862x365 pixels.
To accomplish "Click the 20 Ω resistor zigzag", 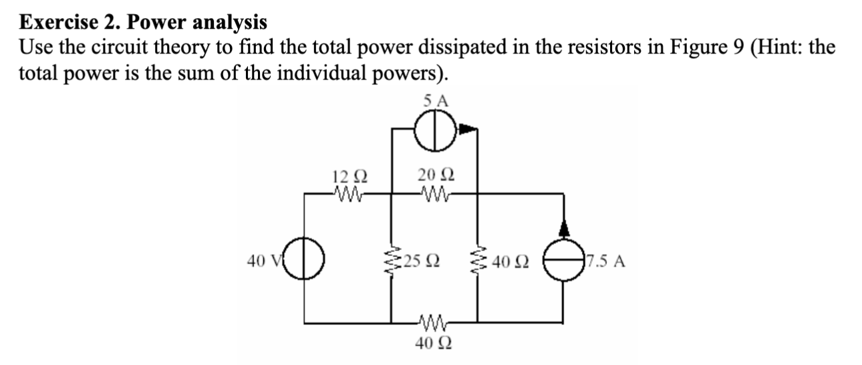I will click(435, 194).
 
